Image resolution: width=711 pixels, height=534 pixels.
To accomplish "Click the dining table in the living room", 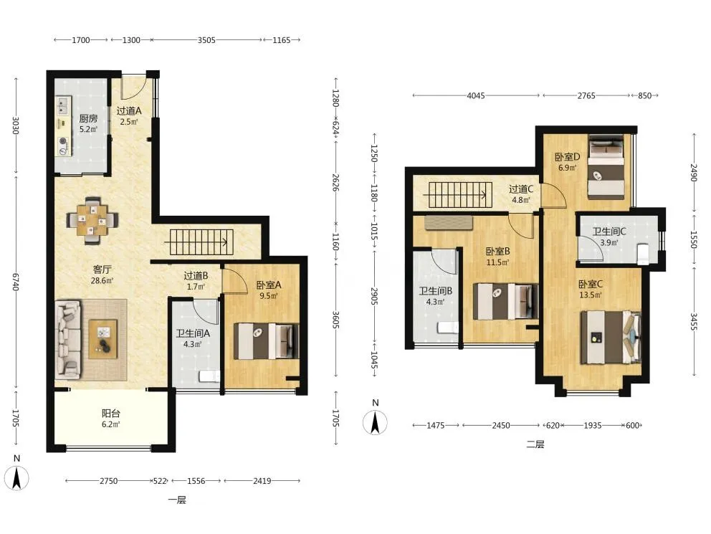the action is pyautogui.click(x=92, y=220).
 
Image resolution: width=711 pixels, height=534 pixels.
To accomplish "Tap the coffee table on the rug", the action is pyautogui.click(x=103, y=339).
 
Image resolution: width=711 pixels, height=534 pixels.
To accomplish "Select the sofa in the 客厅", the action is pyautogui.click(x=68, y=340).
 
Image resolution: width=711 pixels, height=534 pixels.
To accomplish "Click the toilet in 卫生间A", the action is pyautogui.click(x=209, y=376).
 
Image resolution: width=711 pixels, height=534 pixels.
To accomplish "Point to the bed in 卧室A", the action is pyautogui.click(x=266, y=341).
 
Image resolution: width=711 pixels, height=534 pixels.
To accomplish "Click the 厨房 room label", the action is pyautogui.click(x=88, y=118).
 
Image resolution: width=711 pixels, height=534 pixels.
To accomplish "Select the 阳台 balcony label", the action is pyautogui.click(x=110, y=414).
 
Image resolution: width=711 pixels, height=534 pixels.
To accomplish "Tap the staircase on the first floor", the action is pyautogui.click(x=199, y=242).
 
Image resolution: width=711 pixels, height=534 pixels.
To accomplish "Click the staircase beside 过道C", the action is pyautogui.click(x=458, y=195).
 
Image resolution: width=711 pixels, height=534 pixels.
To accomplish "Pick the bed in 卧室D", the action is pyautogui.click(x=606, y=166).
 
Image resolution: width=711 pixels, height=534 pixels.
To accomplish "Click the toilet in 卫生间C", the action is pyautogui.click(x=643, y=254).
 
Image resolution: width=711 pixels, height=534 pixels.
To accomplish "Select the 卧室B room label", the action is pyautogui.click(x=497, y=251).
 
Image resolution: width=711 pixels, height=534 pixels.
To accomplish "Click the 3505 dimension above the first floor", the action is pyautogui.click(x=206, y=40).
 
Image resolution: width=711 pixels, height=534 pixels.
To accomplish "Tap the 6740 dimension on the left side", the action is pyautogui.click(x=16, y=282).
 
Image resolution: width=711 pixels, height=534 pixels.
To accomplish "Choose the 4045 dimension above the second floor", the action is pyautogui.click(x=476, y=95).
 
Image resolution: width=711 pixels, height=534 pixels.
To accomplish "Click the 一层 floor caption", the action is pyautogui.click(x=177, y=500).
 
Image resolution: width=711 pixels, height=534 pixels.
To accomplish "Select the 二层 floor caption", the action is pyautogui.click(x=535, y=444).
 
